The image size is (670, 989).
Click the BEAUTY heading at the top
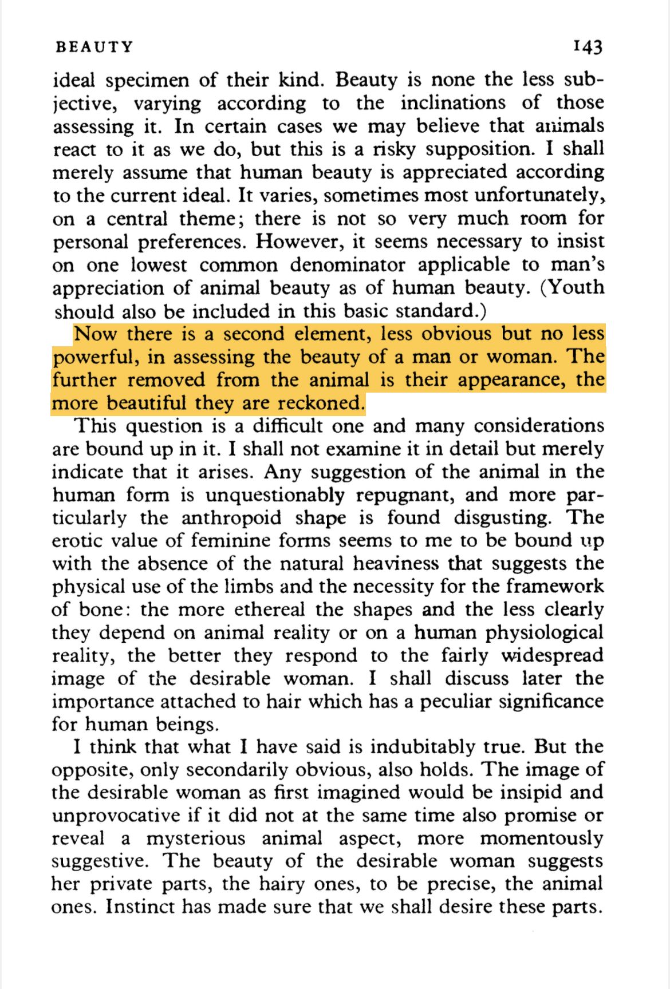click(94, 47)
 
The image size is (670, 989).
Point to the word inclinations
click(453, 103)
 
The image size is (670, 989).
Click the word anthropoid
click(232, 517)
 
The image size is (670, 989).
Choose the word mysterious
click(196, 839)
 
